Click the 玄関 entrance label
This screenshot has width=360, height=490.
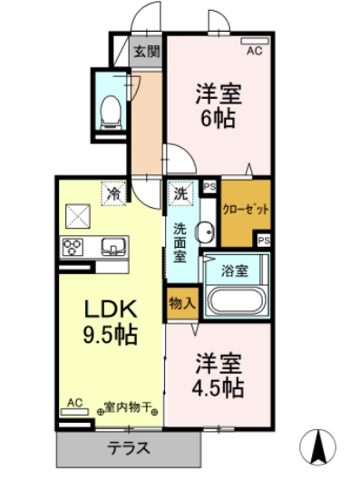pyautogui.click(x=146, y=51)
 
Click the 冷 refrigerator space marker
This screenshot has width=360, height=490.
pyautogui.click(x=113, y=193)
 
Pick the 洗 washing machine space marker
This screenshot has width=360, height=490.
pyautogui.click(x=180, y=193)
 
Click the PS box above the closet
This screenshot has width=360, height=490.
pyautogui.click(x=209, y=187)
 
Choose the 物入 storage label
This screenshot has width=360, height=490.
pyautogui.click(x=181, y=302)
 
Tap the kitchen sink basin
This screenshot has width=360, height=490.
pyautogui.click(x=113, y=245)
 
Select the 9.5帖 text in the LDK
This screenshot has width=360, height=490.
pyautogui.click(x=112, y=336)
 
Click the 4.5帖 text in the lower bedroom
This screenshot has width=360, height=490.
pyautogui.click(x=219, y=388)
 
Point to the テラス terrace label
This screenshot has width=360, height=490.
pyautogui.click(x=129, y=447)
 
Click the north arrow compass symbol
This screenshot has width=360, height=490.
pyautogui.click(x=318, y=446)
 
